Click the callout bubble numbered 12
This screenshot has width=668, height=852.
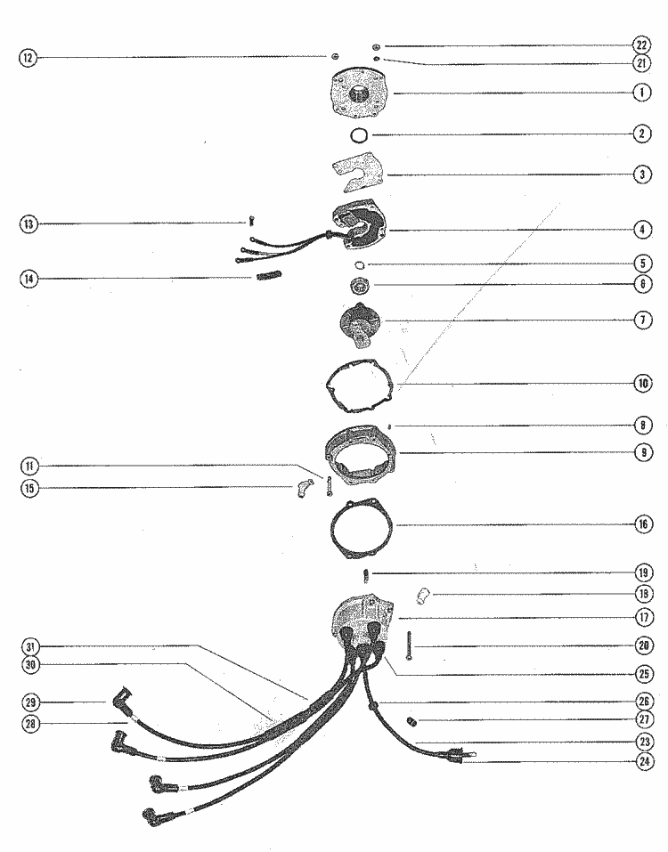[x=28, y=57]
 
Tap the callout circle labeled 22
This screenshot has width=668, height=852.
[x=642, y=45]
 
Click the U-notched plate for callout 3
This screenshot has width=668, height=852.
[x=357, y=172]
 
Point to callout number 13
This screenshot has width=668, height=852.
[x=29, y=223]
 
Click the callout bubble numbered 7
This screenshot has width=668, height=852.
[x=643, y=320]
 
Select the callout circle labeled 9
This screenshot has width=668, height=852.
[x=643, y=452]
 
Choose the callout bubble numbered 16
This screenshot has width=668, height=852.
[x=643, y=524]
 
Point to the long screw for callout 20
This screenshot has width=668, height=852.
[x=408, y=645]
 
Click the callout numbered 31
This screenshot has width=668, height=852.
[x=30, y=646]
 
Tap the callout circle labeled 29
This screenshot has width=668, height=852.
[x=30, y=702]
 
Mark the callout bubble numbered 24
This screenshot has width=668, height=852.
[x=644, y=761]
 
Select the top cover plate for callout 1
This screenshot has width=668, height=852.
[x=358, y=93]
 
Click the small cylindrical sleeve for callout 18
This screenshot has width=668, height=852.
[x=422, y=596]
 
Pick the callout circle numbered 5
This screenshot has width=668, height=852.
[x=643, y=264]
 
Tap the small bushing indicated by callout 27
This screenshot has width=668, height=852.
[x=412, y=722]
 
